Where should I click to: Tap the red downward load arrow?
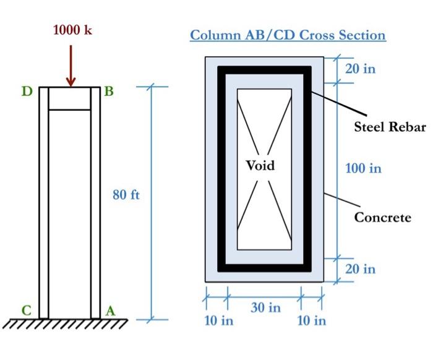[x=71, y=66]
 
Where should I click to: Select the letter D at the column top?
[x=27, y=92]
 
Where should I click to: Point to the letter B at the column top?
[x=109, y=92]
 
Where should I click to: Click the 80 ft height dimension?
[x=126, y=196]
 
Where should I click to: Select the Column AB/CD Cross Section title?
[x=288, y=35]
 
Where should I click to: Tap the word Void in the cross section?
[x=260, y=166]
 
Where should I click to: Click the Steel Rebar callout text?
[x=390, y=127]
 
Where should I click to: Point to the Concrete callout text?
[x=382, y=217]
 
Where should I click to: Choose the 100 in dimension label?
[x=363, y=168]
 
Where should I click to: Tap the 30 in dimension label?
[x=265, y=307]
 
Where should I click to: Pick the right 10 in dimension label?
[x=311, y=320]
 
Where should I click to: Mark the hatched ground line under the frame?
[x=65, y=323]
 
